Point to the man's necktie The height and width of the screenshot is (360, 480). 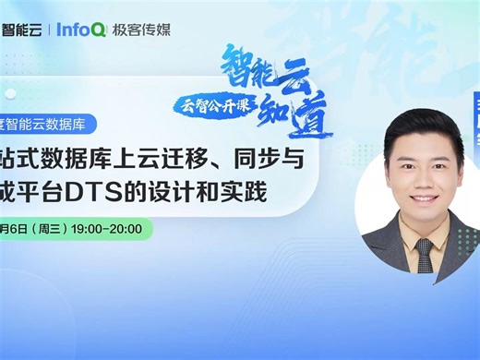click(x=424, y=255)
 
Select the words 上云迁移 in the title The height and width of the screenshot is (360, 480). click(x=167, y=160)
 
